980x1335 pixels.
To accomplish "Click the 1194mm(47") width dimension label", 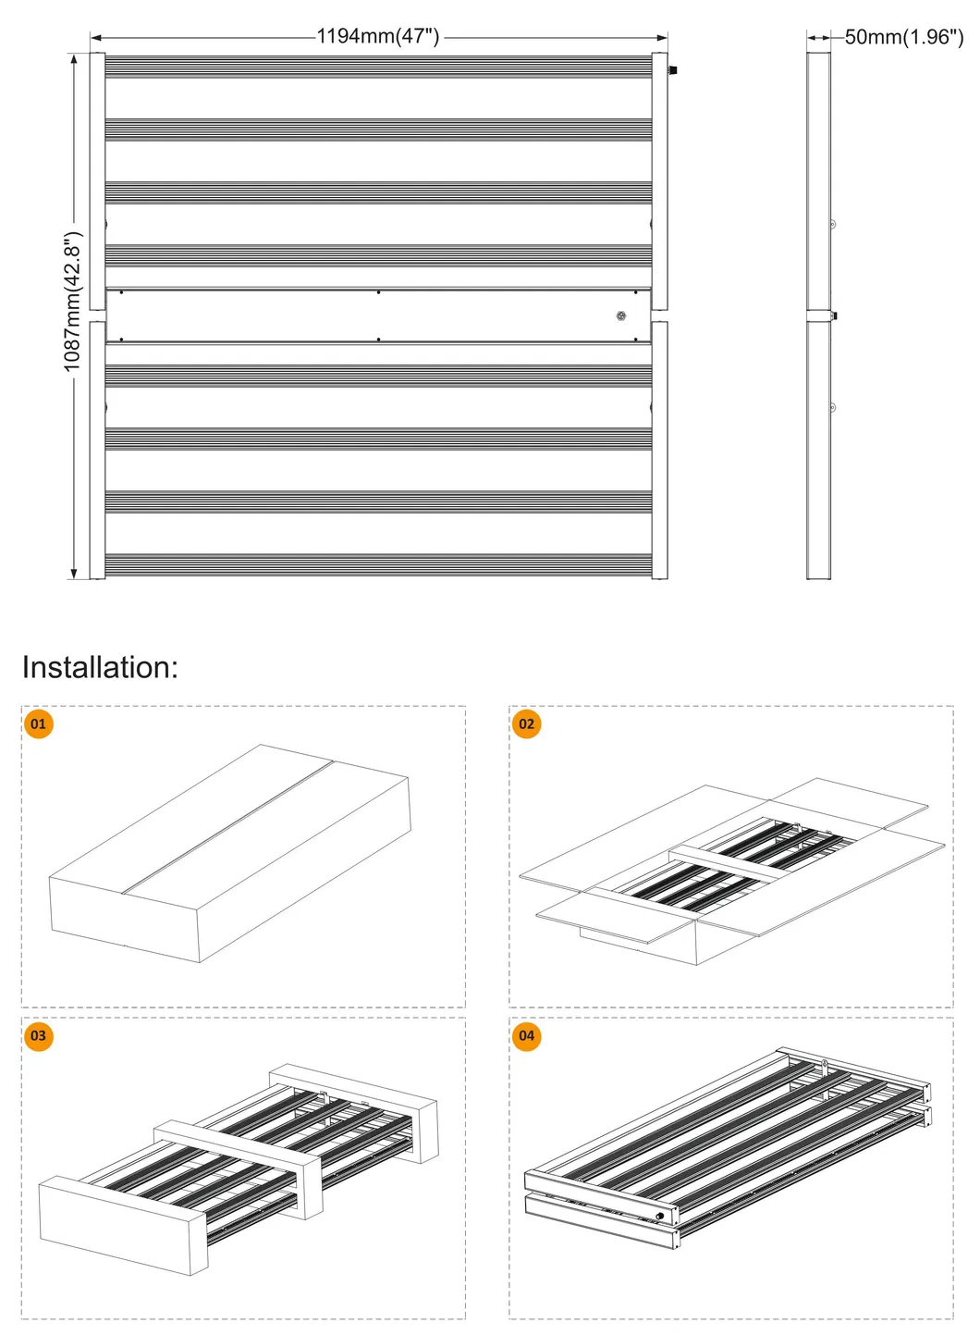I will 378,37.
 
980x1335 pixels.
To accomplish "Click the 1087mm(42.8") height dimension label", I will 73,303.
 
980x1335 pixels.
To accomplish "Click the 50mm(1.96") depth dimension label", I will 903,37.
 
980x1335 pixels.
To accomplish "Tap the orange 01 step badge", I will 38,723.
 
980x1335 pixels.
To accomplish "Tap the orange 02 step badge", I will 526,723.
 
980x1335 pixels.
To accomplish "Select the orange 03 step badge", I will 38,1035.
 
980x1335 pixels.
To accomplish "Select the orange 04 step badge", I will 526,1035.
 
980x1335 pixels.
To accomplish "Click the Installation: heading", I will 100,667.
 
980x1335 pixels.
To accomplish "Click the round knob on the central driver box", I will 621,316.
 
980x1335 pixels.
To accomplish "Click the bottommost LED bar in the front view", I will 378,565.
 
